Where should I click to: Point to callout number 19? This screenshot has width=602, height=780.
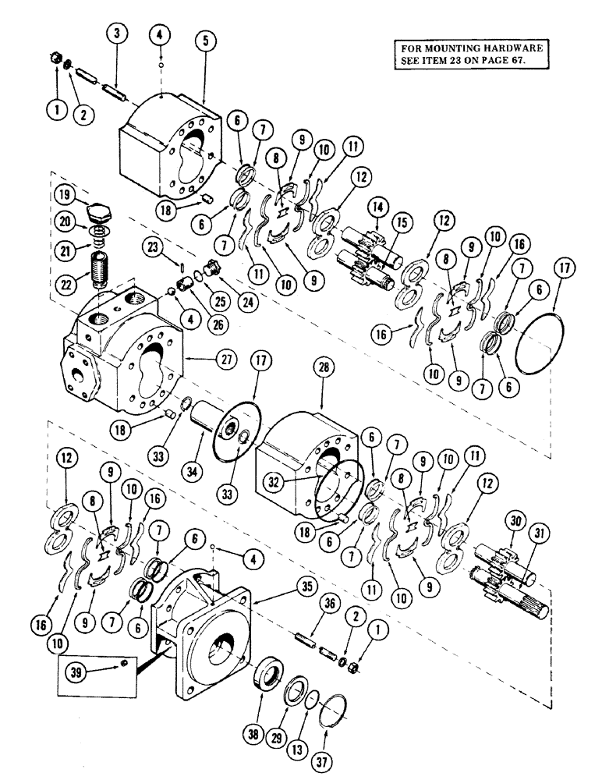65,193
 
